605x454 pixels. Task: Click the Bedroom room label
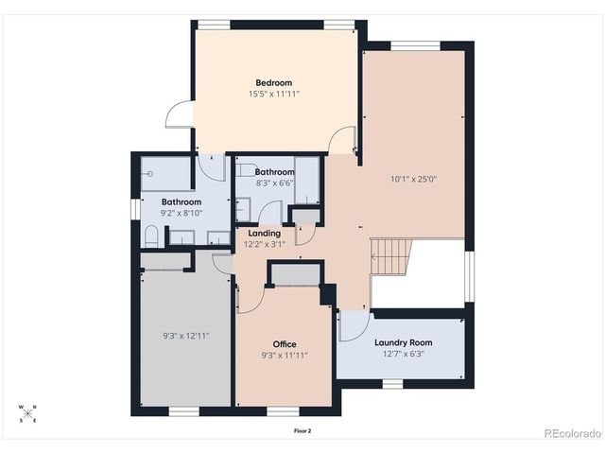pos(274,81)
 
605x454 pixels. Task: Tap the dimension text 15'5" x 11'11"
pos(274,94)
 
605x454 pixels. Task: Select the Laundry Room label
pos(403,342)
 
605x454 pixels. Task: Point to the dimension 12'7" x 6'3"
pos(403,355)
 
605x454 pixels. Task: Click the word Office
pos(285,343)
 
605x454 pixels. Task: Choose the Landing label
pos(264,233)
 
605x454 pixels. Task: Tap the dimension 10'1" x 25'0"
pos(413,178)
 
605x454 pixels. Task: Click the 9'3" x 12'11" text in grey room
pos(185,336)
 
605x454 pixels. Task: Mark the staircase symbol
pos(391,255)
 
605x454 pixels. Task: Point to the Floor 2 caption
pos(302,430)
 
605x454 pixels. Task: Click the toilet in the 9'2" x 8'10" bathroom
pos(151,236)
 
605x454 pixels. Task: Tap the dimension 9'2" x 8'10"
pos(181,214)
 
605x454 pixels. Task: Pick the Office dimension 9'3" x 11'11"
pos(285,356)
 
